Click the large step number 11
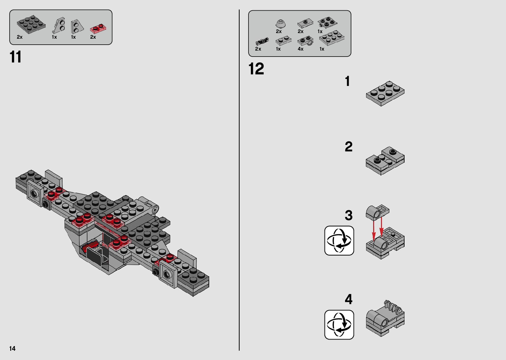[x=16, y=57]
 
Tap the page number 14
[x=13, y=348]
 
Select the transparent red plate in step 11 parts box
[x=98, y=29]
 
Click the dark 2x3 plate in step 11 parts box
[x=31, y=24]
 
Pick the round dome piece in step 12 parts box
[x=281, y=24]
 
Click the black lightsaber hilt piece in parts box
[x=262, y=42]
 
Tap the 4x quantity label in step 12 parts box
[x=300, y=49]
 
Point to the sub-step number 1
[x=347, y=81]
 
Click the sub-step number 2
[x=349, y=147]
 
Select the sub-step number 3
[x=349, y=215]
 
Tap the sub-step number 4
[x=349, y=299]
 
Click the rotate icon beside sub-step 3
[x=339, y=241]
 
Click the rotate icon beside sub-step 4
[x=339, y=325]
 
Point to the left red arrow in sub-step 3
[x=374, y=230]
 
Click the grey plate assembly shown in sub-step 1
[x=385, y=93]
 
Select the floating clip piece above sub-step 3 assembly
[x=377, y=213]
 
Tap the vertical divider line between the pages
[x=239, y=180]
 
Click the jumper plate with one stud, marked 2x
[x=305, y=23]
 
